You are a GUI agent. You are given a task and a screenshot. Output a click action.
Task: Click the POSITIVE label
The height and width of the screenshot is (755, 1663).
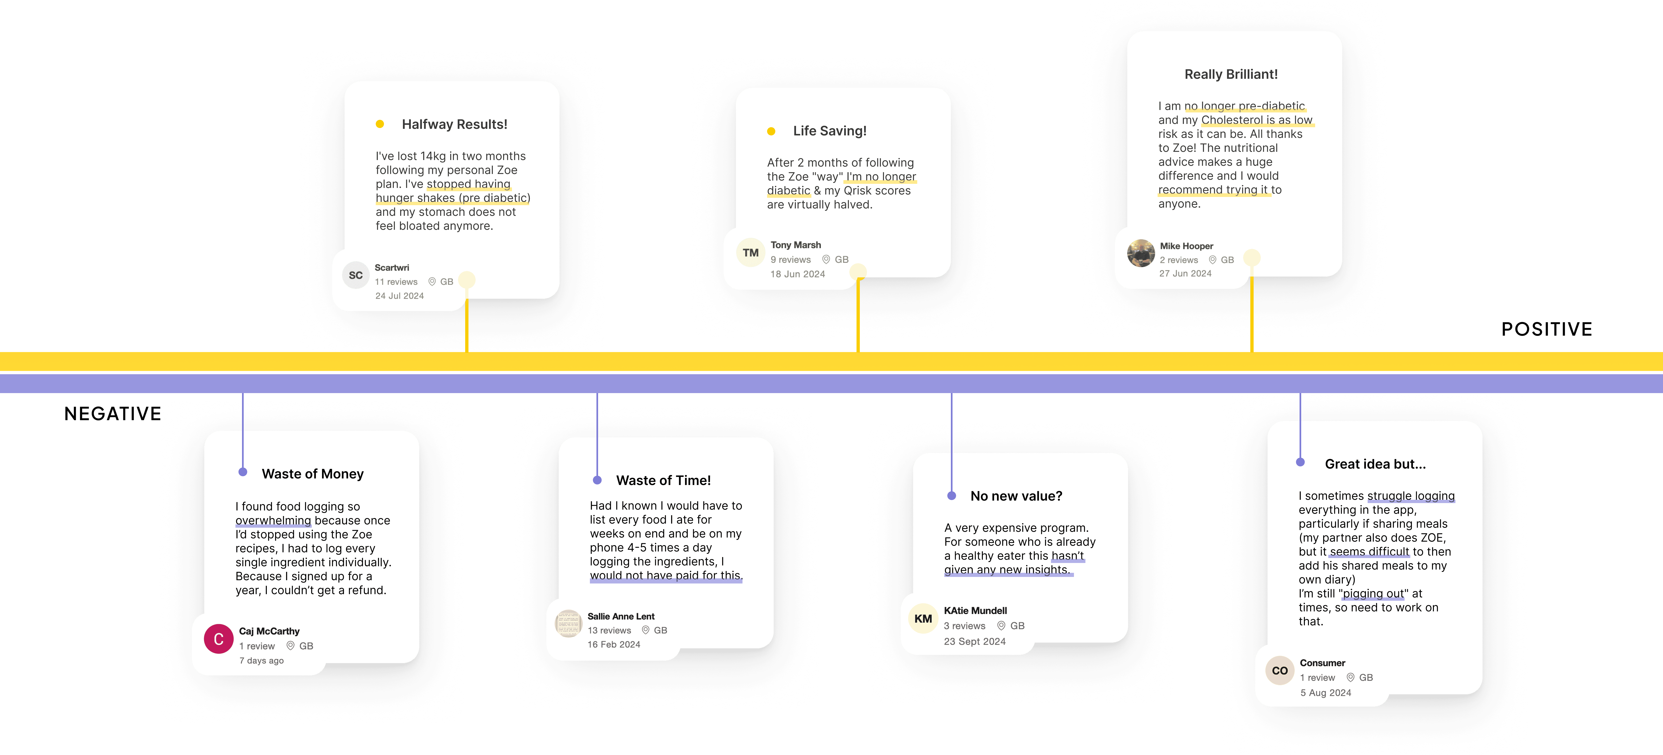1546,329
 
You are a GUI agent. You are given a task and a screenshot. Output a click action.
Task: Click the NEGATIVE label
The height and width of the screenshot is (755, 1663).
113,414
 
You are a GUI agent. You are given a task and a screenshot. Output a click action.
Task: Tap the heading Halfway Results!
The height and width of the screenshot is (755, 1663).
455,124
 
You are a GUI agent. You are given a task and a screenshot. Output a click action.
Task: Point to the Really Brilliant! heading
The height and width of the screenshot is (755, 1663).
1230,74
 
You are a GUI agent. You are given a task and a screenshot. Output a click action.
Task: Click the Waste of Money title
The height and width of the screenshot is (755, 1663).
312,474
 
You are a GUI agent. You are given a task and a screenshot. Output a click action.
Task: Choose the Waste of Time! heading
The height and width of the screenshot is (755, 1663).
663,480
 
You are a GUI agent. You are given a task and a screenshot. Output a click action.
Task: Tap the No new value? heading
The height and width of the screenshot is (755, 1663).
1016,496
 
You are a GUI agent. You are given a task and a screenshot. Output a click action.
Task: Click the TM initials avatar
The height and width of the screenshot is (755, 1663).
750,253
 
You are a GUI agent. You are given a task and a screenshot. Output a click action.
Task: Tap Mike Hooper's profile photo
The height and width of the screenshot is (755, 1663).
1141,253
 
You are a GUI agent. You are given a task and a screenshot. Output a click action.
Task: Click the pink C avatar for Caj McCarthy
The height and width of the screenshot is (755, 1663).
218,639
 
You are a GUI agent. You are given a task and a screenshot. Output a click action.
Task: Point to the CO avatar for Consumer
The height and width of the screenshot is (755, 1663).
1279,671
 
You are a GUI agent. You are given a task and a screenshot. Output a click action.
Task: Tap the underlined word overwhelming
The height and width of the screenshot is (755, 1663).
273,520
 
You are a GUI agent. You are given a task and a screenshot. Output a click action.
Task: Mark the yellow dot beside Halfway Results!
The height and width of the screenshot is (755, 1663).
380,124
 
